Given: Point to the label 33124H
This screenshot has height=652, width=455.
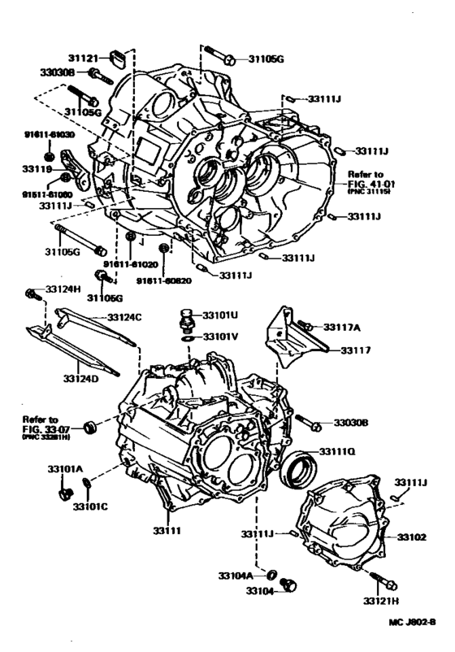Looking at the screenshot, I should [63, 289].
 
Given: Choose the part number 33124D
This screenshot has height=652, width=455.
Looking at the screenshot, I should [82, 377].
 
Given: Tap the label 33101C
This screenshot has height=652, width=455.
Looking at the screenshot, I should [90, 506].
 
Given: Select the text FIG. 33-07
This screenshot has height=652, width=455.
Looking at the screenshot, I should [50, 428].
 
